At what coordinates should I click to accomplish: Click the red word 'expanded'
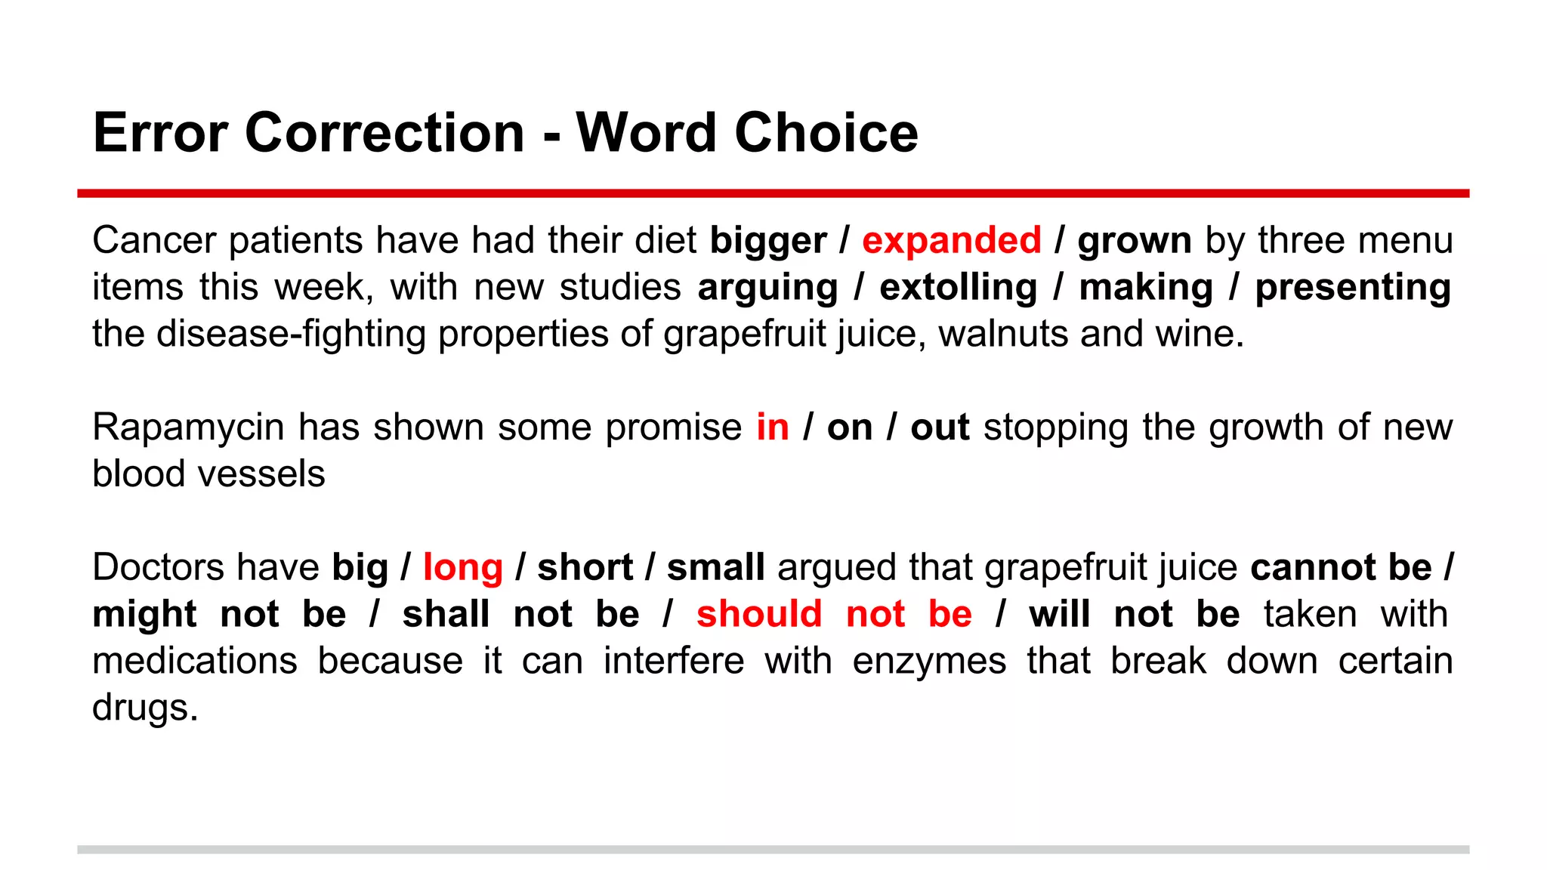click(x=951, y=241)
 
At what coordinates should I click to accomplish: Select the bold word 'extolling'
click(x=958, y=288)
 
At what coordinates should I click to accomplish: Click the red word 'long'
click(x=462, y=568)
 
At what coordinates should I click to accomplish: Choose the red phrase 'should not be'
click(x=834, y=614)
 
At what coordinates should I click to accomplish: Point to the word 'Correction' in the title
click(x=384, y=133)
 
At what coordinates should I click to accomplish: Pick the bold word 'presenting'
click(x=1352, y=288)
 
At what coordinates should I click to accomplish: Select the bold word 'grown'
click(x=1134, y=241)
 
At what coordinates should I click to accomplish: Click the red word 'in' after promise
click(x=772, y=427)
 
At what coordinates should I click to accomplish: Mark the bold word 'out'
click(x=940, y=427)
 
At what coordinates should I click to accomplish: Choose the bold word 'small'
click(x=715, y=568)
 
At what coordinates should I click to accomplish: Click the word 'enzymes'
click(x=929, y=662)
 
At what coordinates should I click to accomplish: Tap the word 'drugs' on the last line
click(x=144, y=708)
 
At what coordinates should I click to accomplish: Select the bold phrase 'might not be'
click(x=219, y=614)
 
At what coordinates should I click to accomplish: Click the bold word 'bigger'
click(x=768, y=241)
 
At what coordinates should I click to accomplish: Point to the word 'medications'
click(x=194, y=662)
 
